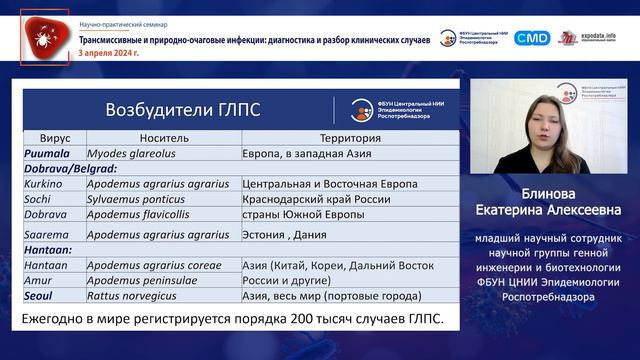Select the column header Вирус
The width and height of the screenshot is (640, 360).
click(55, 138)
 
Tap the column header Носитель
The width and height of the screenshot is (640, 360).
click(162, 138)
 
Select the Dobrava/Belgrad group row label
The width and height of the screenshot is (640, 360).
click(70, 169)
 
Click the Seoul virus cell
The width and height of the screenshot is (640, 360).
click(43, 296)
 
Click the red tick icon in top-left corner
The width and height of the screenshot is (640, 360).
click(44, 37)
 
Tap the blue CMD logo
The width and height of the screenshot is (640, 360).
click(532, 38)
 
